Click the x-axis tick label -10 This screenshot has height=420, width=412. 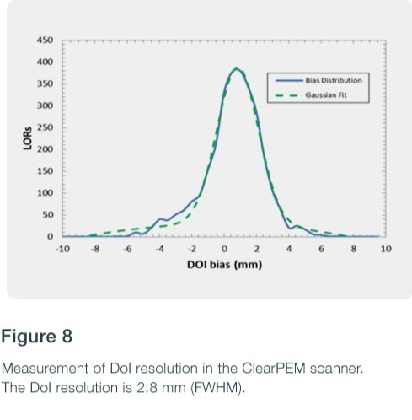[62, 250]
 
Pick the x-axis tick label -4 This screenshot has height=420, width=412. [159, 250]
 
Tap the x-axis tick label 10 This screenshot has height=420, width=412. [386, 250]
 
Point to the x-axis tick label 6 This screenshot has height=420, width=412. [321, 250]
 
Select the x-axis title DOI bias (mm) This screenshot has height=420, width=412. [224, 265]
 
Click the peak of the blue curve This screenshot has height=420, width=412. [237, 68]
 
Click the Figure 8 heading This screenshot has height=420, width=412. [36, 337]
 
